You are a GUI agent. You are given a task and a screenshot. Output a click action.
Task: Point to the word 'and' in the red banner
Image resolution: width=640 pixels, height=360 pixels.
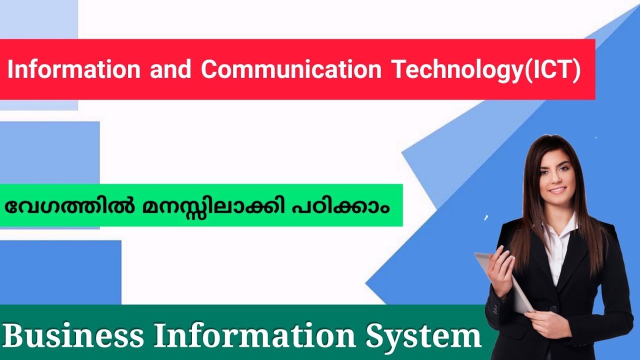coord(170,70)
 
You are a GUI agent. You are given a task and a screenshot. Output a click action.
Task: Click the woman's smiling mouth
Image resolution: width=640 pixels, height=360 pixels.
coord(557,190)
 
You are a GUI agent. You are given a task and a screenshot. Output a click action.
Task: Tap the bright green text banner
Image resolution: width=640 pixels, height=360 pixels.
coord(200,205)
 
